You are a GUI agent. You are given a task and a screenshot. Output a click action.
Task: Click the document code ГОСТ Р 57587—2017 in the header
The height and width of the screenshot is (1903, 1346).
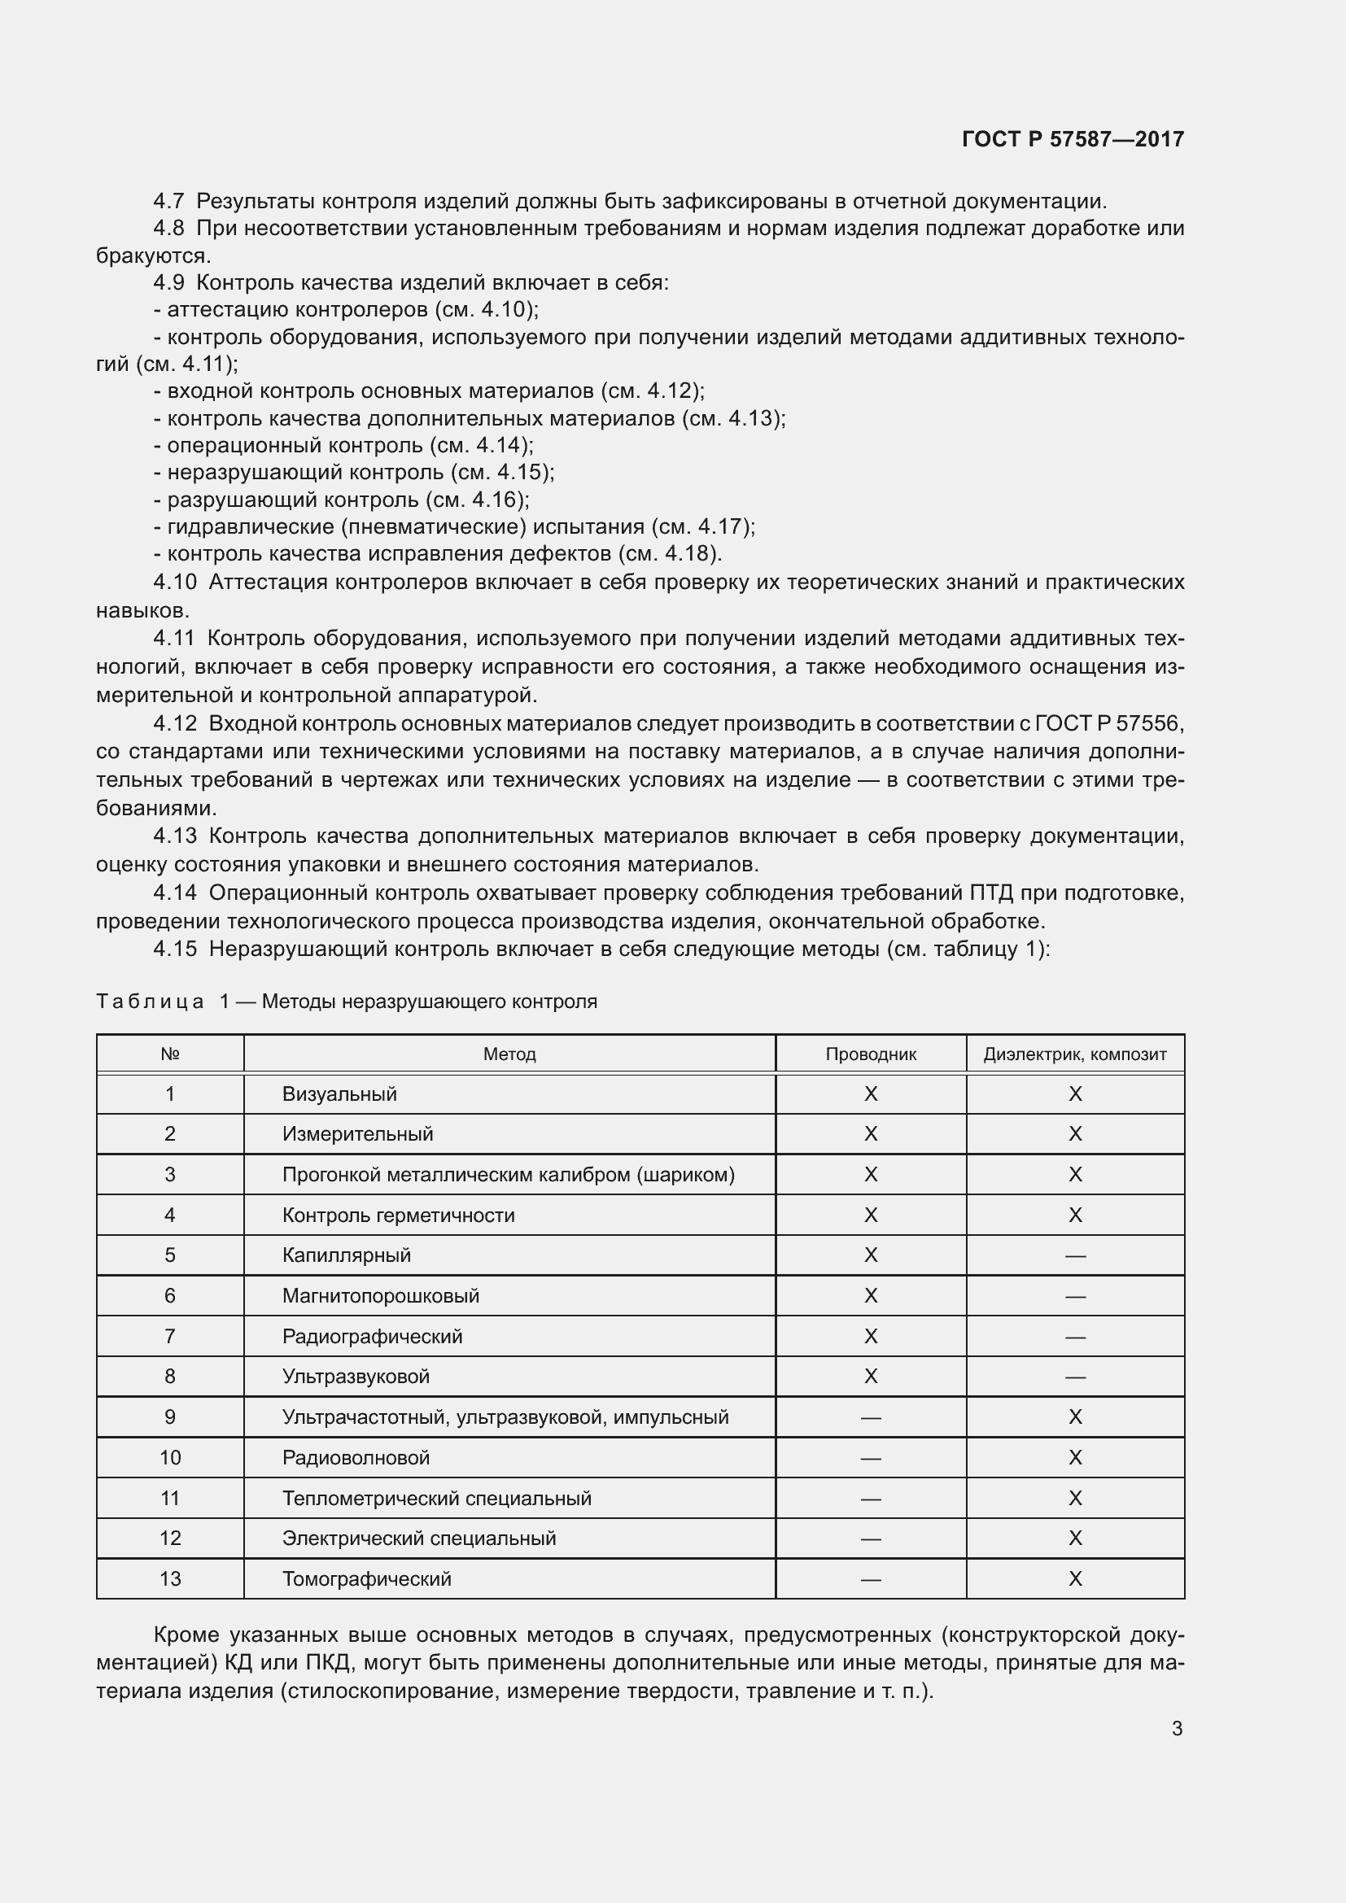pyautogui.click(x=1073, y=138)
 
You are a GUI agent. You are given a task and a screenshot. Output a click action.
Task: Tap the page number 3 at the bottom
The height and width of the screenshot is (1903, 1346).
pyautogui.click(x=1177, y=1728)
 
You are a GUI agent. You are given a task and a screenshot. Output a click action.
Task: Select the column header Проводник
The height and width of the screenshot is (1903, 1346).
pyautogui.click(x=870, y=1054)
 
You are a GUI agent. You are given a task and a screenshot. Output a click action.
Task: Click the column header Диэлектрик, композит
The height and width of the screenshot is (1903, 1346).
pyautogui.click(x=1074, y=1054)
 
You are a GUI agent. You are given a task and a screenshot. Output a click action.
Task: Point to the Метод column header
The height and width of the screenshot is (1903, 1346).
pyautogui.click(x=509, y=1054)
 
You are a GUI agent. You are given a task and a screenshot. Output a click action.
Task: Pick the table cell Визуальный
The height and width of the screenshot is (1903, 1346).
pyautogui.click(x=339, y=1094)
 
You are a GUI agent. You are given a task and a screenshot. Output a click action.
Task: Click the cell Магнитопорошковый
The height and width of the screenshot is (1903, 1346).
pyautogui.click(x=380, y=1295)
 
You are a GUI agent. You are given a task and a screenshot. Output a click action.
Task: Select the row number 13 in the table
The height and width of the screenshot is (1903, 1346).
pyautogui.click(x=170, y=1578)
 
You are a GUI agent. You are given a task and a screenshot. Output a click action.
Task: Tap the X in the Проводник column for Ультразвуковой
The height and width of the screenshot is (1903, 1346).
pyautogui.click(x=870, y=1377)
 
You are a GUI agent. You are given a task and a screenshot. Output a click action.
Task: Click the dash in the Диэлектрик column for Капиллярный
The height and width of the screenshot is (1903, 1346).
pyautogui.click(x=1075, y=1255)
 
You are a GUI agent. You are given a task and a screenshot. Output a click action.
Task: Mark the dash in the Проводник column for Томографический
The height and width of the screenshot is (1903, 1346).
pyautogui.click(x=870, y=1579)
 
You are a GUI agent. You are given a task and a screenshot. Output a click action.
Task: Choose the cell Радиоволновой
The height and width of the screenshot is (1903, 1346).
pyautogui.click(x=356, y=1457)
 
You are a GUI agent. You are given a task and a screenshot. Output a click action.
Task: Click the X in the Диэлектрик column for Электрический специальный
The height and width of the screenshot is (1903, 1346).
pyautogui.click(x=1075, y=1539)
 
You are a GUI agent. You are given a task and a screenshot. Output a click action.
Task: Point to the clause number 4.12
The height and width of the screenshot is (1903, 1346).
pyautogui.click(x=175, y=723)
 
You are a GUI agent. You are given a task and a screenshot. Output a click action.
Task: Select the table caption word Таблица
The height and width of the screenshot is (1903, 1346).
pyautogui.click(x=150, y=1002)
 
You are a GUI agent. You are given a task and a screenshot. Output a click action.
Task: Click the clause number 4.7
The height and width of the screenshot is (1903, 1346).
pyautogui.click(x=168, y=201)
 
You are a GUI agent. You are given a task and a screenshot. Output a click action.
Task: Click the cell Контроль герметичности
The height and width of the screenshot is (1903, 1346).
pyautogui.click(x=398, y=1215)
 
